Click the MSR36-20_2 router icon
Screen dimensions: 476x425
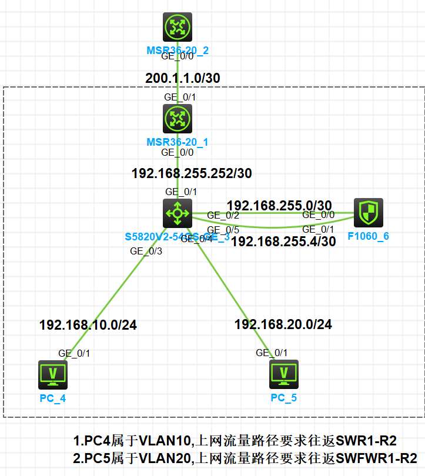[178, 26]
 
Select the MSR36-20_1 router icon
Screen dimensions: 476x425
[178, 119]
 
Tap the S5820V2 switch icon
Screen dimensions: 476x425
[178, 213]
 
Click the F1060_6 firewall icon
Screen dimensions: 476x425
[369, 213]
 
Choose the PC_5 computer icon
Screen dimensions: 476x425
[284, 374]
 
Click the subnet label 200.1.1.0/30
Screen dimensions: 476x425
[183, 78]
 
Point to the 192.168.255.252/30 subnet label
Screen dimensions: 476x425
[192, 174]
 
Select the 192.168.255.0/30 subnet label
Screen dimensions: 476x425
[279, 206]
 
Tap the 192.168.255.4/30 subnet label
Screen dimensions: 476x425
[283, 241]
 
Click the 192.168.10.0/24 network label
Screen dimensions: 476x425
[88, 325]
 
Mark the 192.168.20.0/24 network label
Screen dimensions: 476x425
[283, 324]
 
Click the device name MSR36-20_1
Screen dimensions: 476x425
[178, 142]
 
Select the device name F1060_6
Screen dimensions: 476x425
[369, 236]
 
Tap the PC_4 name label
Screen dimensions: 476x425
[53, 398]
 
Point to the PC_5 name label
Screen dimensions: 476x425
[284, 398]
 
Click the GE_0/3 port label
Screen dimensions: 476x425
[146, 251]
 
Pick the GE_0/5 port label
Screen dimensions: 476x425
[223, 230]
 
